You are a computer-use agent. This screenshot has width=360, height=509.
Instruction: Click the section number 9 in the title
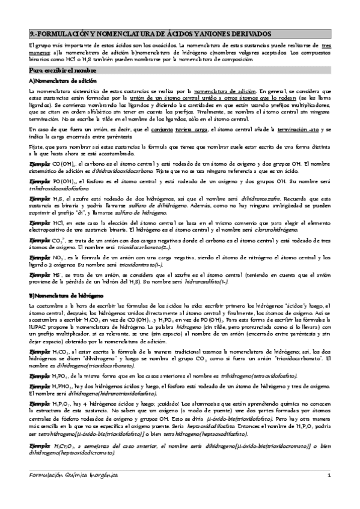(x=31, y=34)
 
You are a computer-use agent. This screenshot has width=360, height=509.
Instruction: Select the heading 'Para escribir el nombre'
(x=60, y=70)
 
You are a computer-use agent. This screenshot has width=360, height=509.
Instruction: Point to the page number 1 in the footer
(x=329, y=492)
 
